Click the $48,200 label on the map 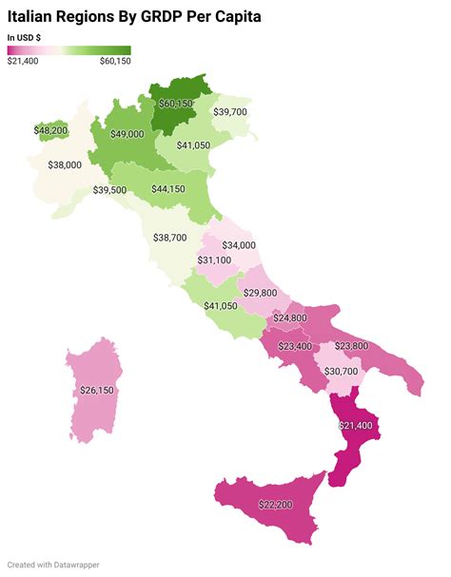point(50,130)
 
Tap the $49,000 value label point(127,135)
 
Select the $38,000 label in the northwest point(65,164)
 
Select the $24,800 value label point(290,317)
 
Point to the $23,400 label point(295,347)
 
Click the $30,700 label point(342,371)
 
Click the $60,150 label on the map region point(176,103)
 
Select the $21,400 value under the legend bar point(22,62)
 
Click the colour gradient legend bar point(69,50)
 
